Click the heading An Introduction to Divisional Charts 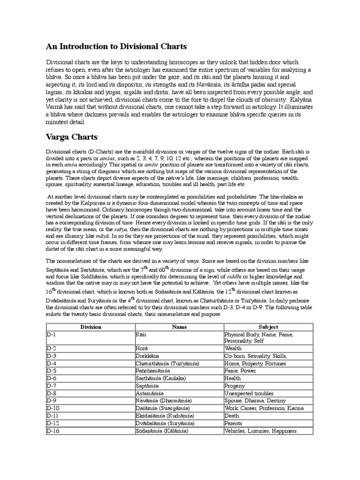click(116, 46)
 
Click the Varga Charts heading click(72, 137)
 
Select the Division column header click(90, 327)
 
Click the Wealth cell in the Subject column click(233, 349)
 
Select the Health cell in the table click(233, 378)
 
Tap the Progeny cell click(235, 386)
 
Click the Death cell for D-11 click(232, 416)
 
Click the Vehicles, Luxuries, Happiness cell click(261, 431)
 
